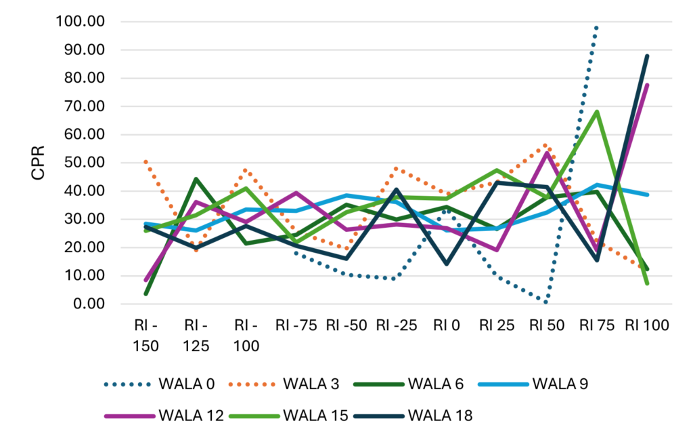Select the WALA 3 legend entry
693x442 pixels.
point(311,384)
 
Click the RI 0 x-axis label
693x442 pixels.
point(446,325)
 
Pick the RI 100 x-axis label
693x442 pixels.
point(646,325)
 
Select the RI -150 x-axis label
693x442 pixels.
point(146,335)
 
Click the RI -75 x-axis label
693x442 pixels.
point(296,325)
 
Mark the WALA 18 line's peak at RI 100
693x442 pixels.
point(646,56)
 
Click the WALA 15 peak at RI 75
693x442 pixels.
point(596,111)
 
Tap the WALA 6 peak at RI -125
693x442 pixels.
point(196,179)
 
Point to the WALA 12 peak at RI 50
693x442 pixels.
point(546,153)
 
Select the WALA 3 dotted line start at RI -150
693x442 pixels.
point(146,161)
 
